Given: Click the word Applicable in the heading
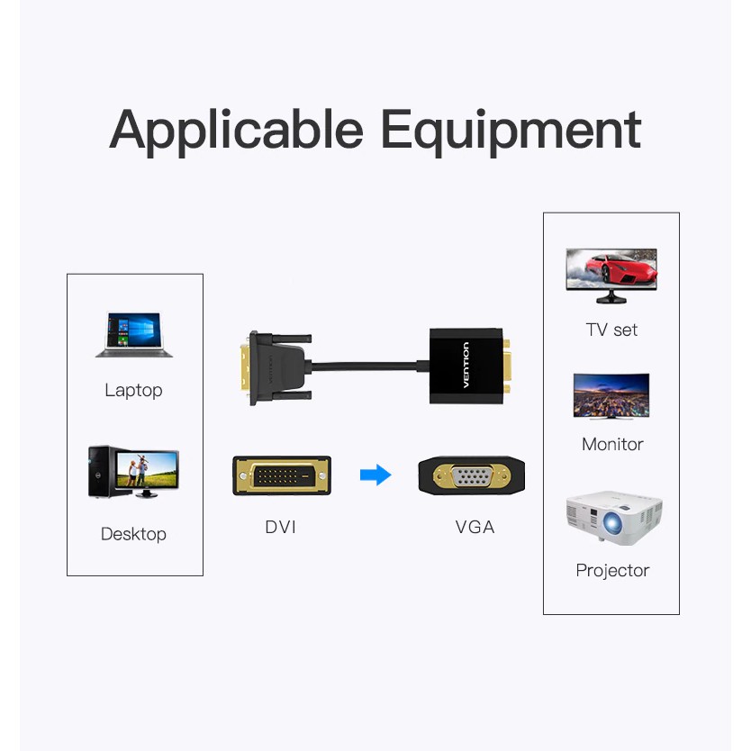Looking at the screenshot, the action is pyautogui.click(x=235, y=130).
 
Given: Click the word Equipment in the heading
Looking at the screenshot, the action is pyautogui.click(x=511, y=130).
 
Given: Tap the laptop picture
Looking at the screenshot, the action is pyautogui.click(x=134, y=335).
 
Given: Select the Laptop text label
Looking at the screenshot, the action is pyautogui.click(x=133, y=390).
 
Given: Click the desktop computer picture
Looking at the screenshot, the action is pyautogui.click(x=133, y=472).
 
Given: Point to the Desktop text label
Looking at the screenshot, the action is pyautogui.click(x=133, y=534).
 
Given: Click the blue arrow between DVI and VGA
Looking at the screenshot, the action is pyautogui.click(x=375, y=475).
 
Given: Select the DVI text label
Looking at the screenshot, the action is pyautogui.click(x=280, y=527).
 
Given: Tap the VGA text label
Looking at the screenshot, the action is pyautogui.click(x=475, y=527).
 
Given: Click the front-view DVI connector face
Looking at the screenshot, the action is pyautogui.click(x=282, y=475).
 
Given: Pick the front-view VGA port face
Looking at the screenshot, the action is pyautogui.click(x=471, y=475).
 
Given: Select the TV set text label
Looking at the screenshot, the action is pyautogui.click(x=611, y=330).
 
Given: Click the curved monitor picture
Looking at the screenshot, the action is pyautogui.click(x=611, y=395).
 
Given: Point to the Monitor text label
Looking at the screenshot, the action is pyautogui.click(x=612, y=444).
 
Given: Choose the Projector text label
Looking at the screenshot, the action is pyautogui.click(x=612, y=570).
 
